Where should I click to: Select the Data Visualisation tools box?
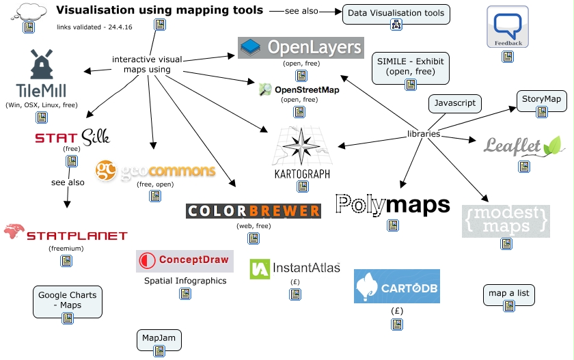(x=396, y=13)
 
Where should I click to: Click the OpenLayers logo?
(x=301, y=47)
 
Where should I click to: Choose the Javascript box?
(x=455, y=104)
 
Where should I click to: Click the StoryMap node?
(x=541, y=99)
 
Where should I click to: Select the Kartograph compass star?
(x=301, y=144)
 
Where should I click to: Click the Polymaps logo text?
(x=393, y=204)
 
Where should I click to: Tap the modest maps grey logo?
(x=506, y=220)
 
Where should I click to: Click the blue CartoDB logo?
(x=396, y=286)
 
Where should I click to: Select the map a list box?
(x=508, y=293)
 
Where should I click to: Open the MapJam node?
(x=159, y=337)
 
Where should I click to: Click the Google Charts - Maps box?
(x=67, y=300)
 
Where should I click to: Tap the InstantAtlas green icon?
(x=259, y=269)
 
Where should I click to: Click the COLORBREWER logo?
(x=254, y=211)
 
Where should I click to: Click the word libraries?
(x=424, y=134)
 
